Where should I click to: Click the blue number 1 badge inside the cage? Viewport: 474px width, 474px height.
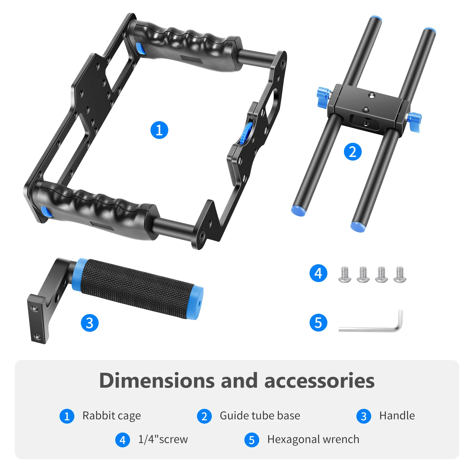point(159,130)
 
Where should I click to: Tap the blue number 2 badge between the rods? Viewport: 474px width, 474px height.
point(353,152)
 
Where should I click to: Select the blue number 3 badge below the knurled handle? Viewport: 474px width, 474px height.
point(89,323)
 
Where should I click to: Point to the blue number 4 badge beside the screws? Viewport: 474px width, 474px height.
point(318,273)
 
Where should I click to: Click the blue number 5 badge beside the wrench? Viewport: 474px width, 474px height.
point(318,323)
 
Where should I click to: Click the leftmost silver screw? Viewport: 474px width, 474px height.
point(345,275)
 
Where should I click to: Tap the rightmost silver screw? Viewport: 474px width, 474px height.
point(400,275)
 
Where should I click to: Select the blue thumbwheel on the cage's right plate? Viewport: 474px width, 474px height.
point(246,133)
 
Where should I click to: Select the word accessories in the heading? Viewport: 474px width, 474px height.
point(319,381)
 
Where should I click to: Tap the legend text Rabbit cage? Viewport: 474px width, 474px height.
point(111,416)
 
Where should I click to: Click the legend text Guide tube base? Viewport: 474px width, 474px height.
point(260,416)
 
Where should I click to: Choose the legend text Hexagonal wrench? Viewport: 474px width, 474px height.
point(313,440)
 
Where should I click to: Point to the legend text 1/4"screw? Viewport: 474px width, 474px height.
point(163,439)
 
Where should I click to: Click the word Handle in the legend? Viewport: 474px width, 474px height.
point(397,416)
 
